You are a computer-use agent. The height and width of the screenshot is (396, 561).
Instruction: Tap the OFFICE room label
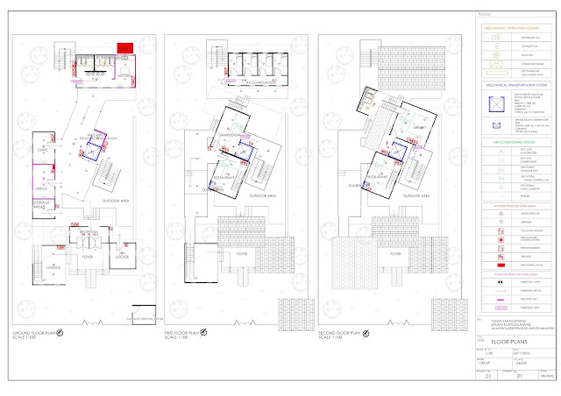click(41, 187)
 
